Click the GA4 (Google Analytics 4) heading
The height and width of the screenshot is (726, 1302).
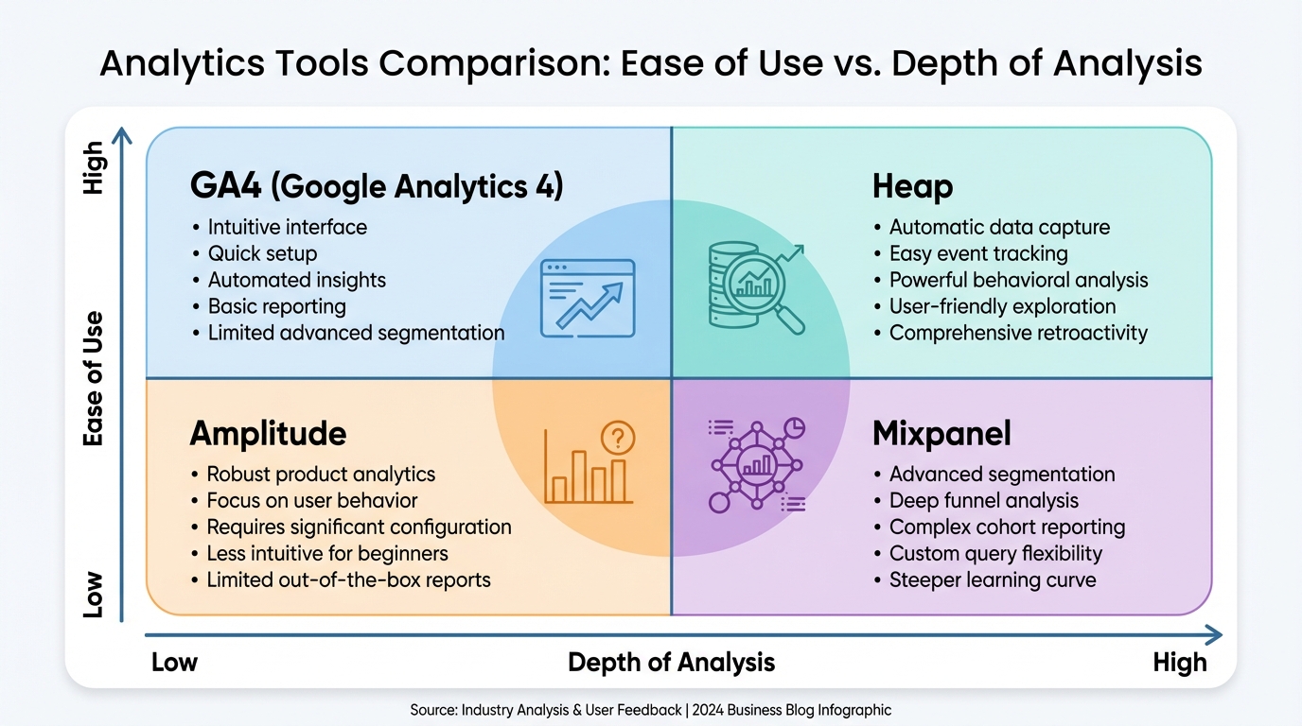click(x=377, y=187)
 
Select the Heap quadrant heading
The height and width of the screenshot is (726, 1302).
click(x=912, y=187)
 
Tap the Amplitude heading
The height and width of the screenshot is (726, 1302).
click(x=268, y=433)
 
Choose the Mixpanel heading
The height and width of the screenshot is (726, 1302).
click(x=941, y=433)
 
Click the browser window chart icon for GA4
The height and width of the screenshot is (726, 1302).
click(x=588, y=298)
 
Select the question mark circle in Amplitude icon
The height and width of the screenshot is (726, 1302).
click(x=618, y=438)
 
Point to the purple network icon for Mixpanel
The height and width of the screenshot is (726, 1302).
click(x=757, y=465)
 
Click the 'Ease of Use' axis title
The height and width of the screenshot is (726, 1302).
click(x=93, y=379)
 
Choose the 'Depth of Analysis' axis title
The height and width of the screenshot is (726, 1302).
click(x=672, y=662)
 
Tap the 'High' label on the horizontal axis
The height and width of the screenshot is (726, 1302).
click(x=1180, y=662)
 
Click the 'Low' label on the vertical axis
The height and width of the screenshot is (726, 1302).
click(x=93, y=595)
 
